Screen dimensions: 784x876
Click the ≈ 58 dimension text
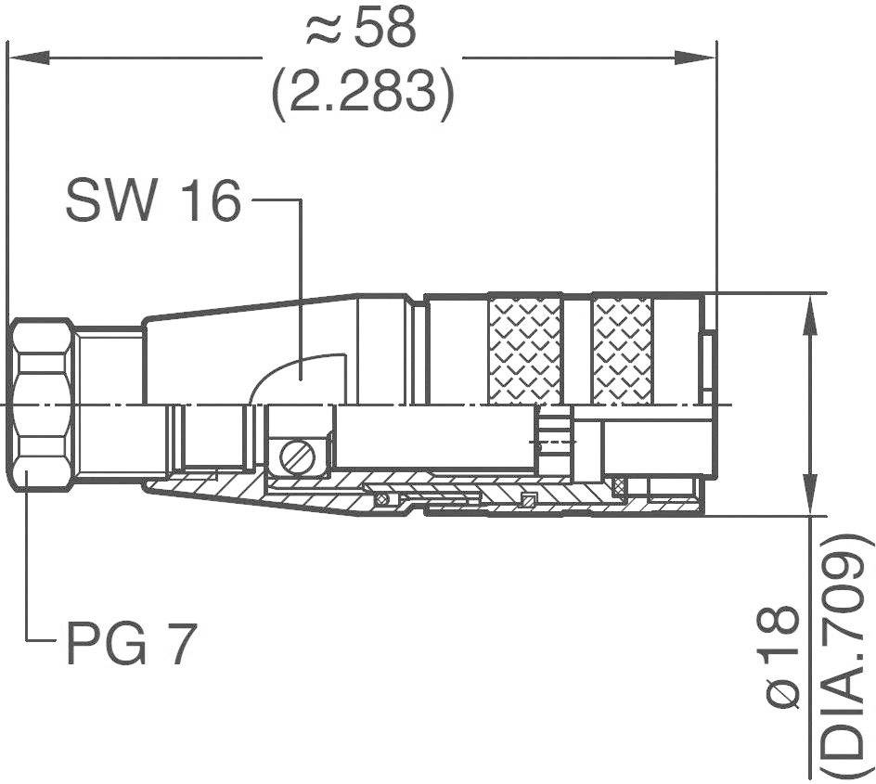[x=362, y=30]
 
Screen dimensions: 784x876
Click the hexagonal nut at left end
[x=43, y=405]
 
